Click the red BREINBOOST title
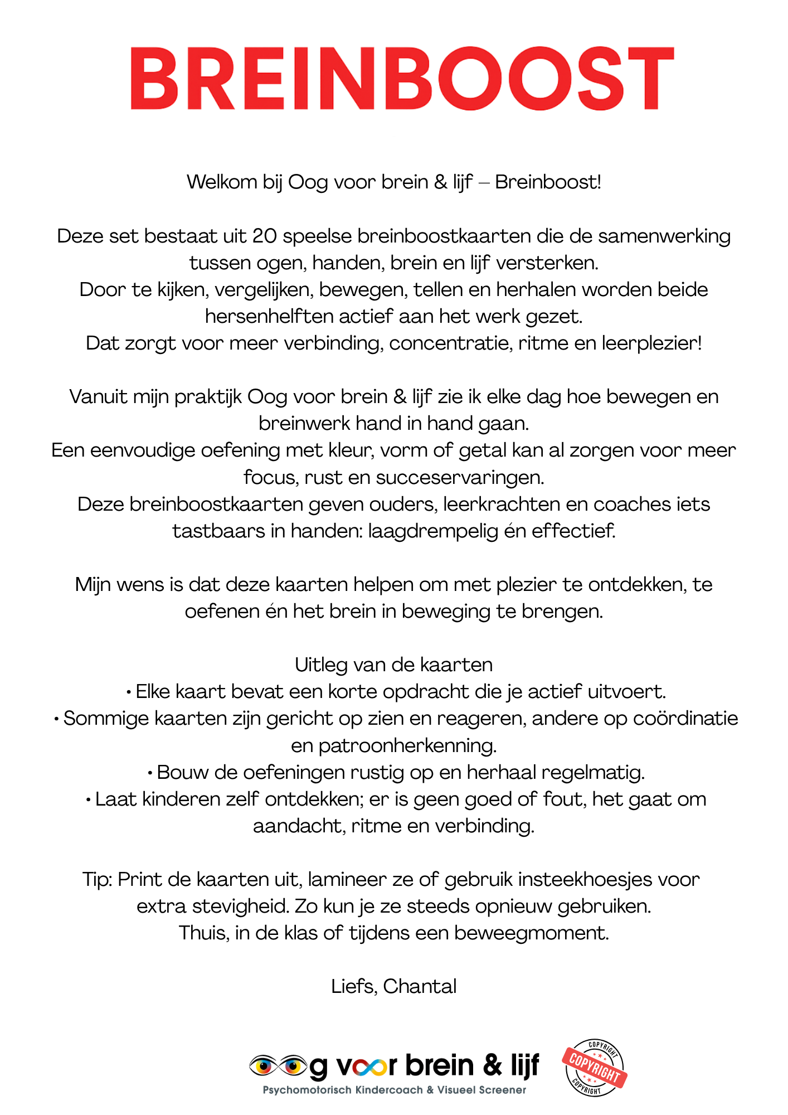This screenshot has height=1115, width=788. pos(402,78)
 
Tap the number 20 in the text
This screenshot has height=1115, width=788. pos(264,236)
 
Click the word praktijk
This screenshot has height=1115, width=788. pos(208,397)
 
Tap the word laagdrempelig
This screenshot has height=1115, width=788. pos(432,531)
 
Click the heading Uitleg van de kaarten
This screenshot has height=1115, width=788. pos(393,665)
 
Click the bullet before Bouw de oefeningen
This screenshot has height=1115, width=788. pos(150,773)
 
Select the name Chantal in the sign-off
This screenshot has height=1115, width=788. pos(420,986)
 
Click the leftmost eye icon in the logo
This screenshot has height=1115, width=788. pos(263,1065)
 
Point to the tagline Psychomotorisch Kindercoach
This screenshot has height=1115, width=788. pos(343,1090)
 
